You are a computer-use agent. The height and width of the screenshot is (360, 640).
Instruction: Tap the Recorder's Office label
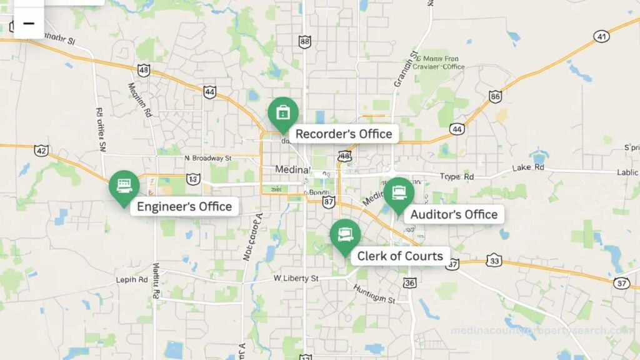click(x=344, y=134)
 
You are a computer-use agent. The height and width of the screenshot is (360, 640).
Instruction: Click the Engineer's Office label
click(x=184, y=207)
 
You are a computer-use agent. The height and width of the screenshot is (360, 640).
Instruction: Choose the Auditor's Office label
click(x=454, y=214)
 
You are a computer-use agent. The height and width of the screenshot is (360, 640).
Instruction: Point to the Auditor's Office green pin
click(x=399, y=194)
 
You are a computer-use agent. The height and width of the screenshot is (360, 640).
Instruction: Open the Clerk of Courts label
click(x=400, y=256)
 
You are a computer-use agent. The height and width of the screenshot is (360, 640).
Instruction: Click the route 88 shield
click(x=304, y=42)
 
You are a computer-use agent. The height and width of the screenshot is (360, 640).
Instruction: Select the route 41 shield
click(x=602, y=36)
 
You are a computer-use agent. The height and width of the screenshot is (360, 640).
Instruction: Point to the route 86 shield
click(x=496, y=96)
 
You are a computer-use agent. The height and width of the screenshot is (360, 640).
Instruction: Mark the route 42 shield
click(x=42, y=151)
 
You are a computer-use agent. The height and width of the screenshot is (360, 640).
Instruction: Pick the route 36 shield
click(x=409, y=283)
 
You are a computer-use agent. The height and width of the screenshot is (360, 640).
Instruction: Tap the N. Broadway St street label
click(x=208, y=159)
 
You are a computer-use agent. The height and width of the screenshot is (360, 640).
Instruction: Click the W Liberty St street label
click(x=296, y=277)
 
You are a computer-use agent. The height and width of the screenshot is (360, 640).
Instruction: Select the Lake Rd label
click(x=528, y=167)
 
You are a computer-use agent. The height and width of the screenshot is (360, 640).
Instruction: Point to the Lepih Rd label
click(x=132, y=279)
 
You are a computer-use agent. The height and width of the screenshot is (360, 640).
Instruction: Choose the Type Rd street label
click(x=457, y=177)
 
